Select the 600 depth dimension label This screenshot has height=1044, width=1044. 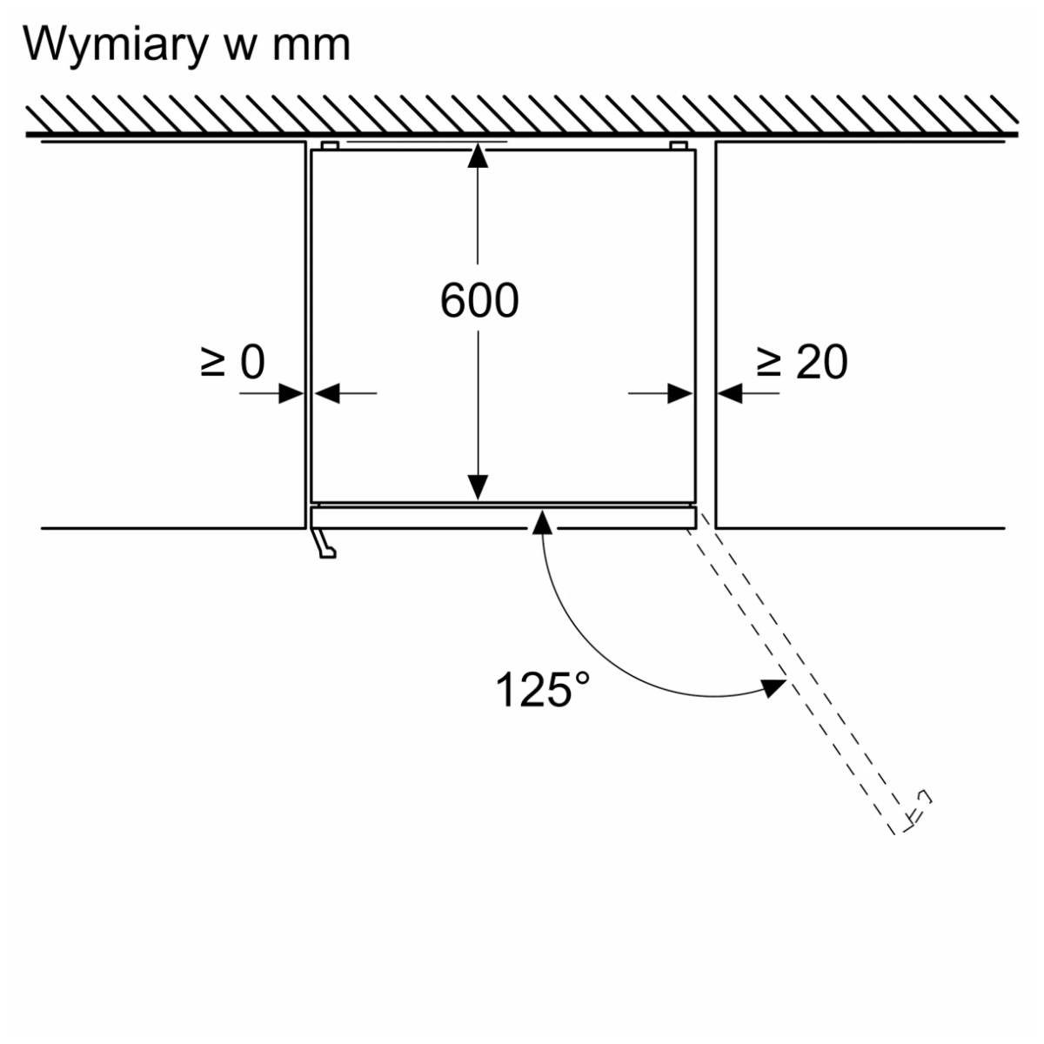click(478, 301)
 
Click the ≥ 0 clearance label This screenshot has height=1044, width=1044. click(232, 362)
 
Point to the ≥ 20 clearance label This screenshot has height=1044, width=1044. click(801, 362)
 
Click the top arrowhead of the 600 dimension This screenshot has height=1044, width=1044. click(478, 156)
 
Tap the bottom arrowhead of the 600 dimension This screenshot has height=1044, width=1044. click(478, 488)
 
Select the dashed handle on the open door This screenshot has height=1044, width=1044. click(916, 809)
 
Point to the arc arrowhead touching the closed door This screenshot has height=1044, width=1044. click(543, 521)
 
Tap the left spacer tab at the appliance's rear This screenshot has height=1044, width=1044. click(329, 144)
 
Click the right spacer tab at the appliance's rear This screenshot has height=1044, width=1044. click(678, 144)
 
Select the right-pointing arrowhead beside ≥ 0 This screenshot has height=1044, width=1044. click(292, 393)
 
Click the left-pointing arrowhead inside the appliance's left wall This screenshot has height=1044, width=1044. click(325, 393)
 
